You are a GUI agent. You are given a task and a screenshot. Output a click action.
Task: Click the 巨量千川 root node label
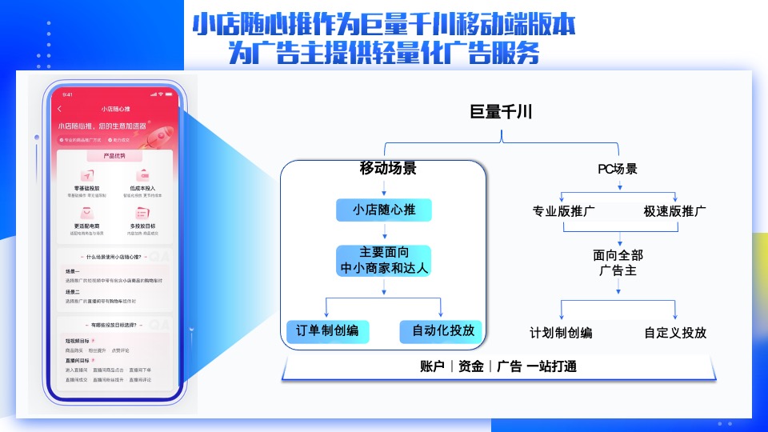tap(502, 112)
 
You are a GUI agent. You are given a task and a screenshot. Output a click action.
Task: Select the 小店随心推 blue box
tap(383, 210)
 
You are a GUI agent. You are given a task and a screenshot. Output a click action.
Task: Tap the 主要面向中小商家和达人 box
tap(383, 260)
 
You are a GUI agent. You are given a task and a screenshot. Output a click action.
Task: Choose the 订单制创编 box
tap(327, 331)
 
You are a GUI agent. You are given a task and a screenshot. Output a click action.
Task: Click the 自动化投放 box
tap(442, 331)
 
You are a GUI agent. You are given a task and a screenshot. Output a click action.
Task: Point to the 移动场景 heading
tap(388, 169)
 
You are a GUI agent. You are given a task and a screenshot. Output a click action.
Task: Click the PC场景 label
tap(618, 169)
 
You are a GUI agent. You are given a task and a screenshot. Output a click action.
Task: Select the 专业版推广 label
tap(564, 212)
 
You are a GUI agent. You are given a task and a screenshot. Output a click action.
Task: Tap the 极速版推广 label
tap(674, 212)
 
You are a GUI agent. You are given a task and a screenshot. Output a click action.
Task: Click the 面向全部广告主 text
tap(618, 262)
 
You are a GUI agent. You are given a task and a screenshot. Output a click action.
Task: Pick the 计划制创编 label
tap(561, 332)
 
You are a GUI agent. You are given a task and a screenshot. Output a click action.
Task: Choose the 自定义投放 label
tap(675, 332)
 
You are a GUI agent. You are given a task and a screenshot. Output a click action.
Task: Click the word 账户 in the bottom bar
tap(433, 366)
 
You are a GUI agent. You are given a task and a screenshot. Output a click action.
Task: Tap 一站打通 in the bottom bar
tap(551, 366)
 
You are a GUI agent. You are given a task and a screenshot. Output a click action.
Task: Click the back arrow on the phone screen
tap(60, 108)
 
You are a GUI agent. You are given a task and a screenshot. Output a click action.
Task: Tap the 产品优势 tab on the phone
tap(115, 155)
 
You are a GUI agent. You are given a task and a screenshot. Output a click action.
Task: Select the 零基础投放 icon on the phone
tap(86, 175)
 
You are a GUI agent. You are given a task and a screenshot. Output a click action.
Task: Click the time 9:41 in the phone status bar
tap(67, 94)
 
